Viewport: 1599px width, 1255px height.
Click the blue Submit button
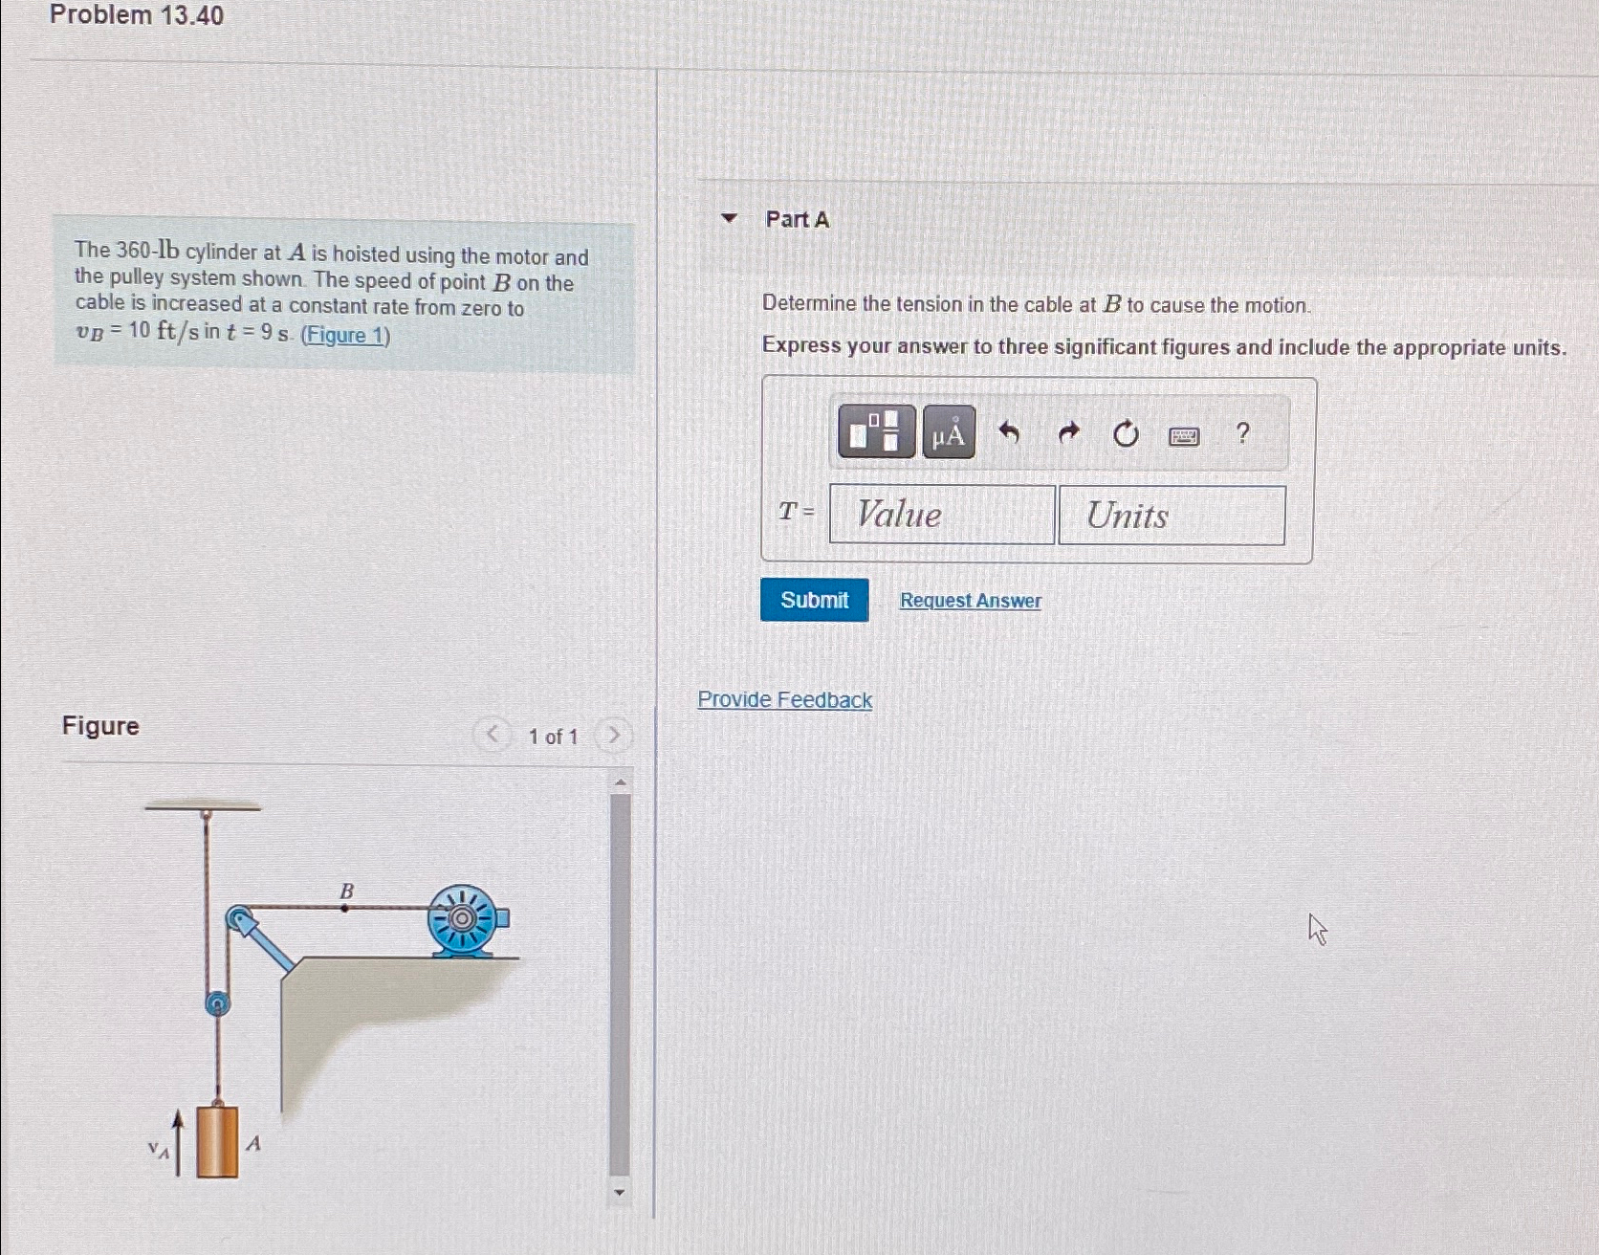pyautogui.click(x=814, y=600)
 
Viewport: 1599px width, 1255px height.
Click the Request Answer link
pyautogui.click(x=970, y=601)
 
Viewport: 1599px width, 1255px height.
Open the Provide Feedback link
pyautogui.click(x=784, y=699)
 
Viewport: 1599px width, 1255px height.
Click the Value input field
pyautogui.click(x=941, y=515)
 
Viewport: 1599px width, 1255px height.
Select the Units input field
pyautogui.click(x=1172, y=516)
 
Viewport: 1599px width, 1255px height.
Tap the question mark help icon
pyautogui.click(x=1242, y=433)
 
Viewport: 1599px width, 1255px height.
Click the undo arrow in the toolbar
pyautogui.click(x=1009, y=433)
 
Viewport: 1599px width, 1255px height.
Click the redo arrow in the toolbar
pyautogui.click(x=1068, y=433)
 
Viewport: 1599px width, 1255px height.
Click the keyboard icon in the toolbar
pyautogui.click(x=1184, y=436)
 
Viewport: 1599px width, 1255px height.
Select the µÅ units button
pyautogui.click(x=949, y=433)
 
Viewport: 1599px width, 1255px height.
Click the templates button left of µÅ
pyautogui.click(x=876, y=431)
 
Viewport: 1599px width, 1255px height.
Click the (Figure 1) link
pyautogui.click(x=345, y=335)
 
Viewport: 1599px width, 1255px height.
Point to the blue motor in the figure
pyautogui.click(x=465, y=920)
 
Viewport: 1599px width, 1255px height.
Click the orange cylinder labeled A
pyautogui.click(x=217, y=1141)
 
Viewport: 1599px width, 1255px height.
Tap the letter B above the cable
pyautogui.click(x=346, y=892)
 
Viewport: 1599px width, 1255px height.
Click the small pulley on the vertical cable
pyautogui.click(x=218, y=1002)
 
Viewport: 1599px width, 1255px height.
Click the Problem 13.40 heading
pyautogui.click(x=137, y=15)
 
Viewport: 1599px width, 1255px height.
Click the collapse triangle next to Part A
pyautogui.click(x=730, y=218)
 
